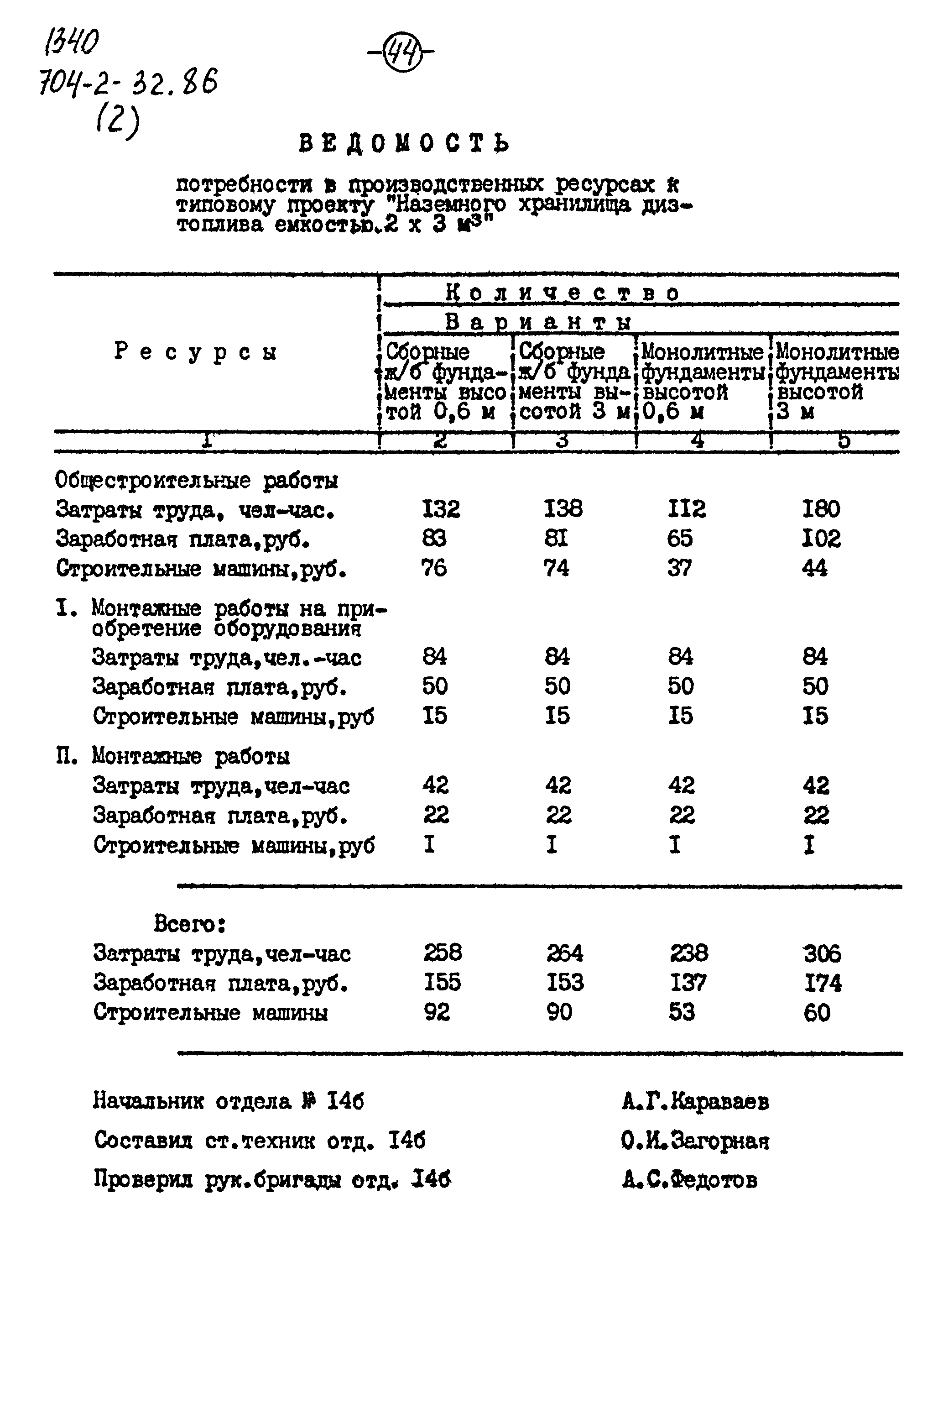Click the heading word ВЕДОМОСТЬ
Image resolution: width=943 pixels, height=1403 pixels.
tap(404, 144)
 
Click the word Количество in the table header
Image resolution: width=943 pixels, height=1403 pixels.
tap(563, 293)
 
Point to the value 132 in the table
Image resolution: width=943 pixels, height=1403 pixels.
tap(441, 509)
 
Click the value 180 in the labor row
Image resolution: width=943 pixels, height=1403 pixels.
tap(821, 509)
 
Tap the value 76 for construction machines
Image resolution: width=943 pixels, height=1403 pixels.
tap(433, 568)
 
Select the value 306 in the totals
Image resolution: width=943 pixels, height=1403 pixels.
tap(822, 953)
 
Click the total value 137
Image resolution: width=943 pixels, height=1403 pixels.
tap(688, 983)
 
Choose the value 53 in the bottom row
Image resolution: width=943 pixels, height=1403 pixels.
tap(682, 1012)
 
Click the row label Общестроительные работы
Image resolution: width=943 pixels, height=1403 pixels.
tap(196, 481)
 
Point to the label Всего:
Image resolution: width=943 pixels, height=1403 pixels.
tap(189, 923)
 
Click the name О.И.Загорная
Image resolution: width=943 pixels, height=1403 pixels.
tap(695, 1141)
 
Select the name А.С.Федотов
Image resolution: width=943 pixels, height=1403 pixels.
tap(690, 1180)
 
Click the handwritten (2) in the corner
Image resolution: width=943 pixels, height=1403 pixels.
tap(117, 123)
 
